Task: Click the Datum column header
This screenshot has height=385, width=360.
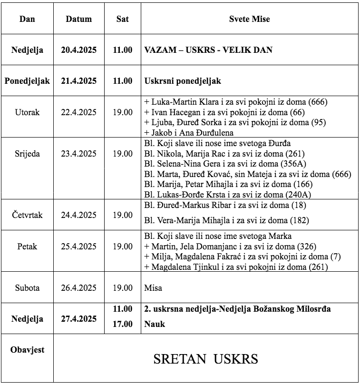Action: click(x=78, y=20)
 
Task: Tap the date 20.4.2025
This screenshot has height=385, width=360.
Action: click(x=78, y=49)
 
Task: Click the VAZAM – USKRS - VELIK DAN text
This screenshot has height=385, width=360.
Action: click(x=208, y=49)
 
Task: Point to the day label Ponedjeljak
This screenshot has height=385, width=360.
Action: click(x=27, y=80)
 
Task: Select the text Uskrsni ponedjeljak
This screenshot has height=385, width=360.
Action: click(x=183, y=81)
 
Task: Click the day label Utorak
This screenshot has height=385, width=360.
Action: click(x=27, y=112)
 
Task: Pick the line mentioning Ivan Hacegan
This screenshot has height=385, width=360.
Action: click(x=224, y=112)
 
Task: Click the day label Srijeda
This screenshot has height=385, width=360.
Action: click(x=27, y=153)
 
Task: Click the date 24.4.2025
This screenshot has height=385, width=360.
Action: click(x=78, y=215)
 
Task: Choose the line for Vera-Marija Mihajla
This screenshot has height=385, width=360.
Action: click(x=226, y=220)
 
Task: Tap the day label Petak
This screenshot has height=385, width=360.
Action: click(x=27, y=247)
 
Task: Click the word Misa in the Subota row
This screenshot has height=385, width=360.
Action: click(x=153, y=288)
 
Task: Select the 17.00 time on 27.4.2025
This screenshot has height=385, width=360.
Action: click(x=122, y=324)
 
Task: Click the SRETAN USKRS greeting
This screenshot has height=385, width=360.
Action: click(x=205, y=359)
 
